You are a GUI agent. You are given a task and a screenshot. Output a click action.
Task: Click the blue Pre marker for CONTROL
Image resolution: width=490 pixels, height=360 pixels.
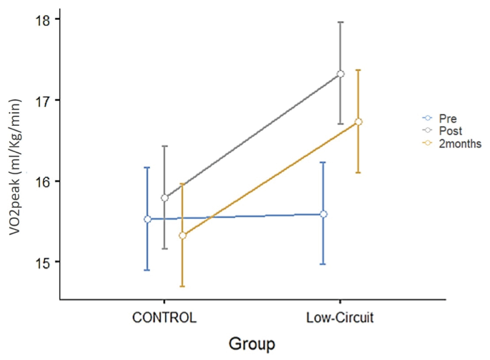tap(147, 219)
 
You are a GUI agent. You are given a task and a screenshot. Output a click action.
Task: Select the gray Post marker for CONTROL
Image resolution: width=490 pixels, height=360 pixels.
tap(165, 198)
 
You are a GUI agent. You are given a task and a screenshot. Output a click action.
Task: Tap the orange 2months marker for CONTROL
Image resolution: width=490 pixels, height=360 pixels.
tap(183, 235)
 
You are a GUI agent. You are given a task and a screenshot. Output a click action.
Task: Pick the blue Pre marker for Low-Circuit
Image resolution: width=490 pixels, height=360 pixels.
tap(323, 214)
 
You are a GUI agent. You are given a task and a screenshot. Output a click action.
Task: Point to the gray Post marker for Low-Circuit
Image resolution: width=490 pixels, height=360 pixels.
tap(341, 74)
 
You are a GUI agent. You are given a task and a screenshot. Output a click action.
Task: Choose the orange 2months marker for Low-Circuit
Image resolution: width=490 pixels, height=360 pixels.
tap(358, 122)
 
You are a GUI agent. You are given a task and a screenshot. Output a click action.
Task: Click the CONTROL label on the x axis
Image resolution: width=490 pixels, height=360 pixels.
tap(164, 318)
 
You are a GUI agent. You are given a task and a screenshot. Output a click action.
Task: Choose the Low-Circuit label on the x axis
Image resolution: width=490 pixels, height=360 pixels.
tap(340, 318)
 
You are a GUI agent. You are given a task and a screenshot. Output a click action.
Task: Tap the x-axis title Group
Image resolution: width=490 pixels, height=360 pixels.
tap(252, 344)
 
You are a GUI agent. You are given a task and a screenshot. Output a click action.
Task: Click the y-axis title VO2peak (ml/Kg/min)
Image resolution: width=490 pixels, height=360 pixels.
tap(15, 167)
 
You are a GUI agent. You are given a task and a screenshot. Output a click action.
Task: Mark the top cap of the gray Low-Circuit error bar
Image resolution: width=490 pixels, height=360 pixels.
tap(341, 22)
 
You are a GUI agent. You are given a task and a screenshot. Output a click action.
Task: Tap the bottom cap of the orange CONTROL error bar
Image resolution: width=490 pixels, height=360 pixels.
tap(183, 286)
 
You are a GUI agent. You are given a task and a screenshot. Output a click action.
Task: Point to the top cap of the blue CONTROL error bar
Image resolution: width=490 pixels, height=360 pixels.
tap(147, 167)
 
